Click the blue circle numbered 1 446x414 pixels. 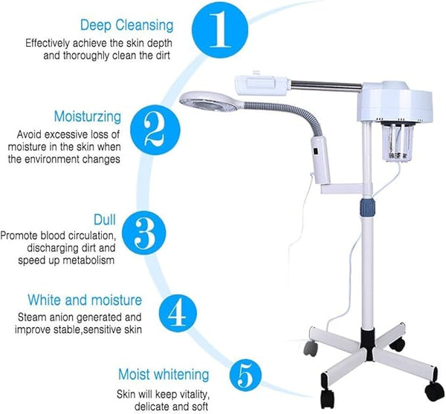[x=220, y=30]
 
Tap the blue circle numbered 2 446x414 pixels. [x=155, y=130]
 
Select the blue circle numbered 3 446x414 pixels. [x=144, y=233]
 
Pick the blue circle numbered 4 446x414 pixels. [x=178, y=313]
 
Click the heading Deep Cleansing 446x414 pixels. [x=127, y=25]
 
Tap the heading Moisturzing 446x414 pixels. [x=88, y=116]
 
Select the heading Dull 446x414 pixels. [x=105, y=220]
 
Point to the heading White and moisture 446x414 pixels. [x=85, y=300]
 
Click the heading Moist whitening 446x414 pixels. [x=164, y=374]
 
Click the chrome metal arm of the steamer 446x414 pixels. [x=326, y=85]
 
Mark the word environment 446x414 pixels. [x=52, y=160]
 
